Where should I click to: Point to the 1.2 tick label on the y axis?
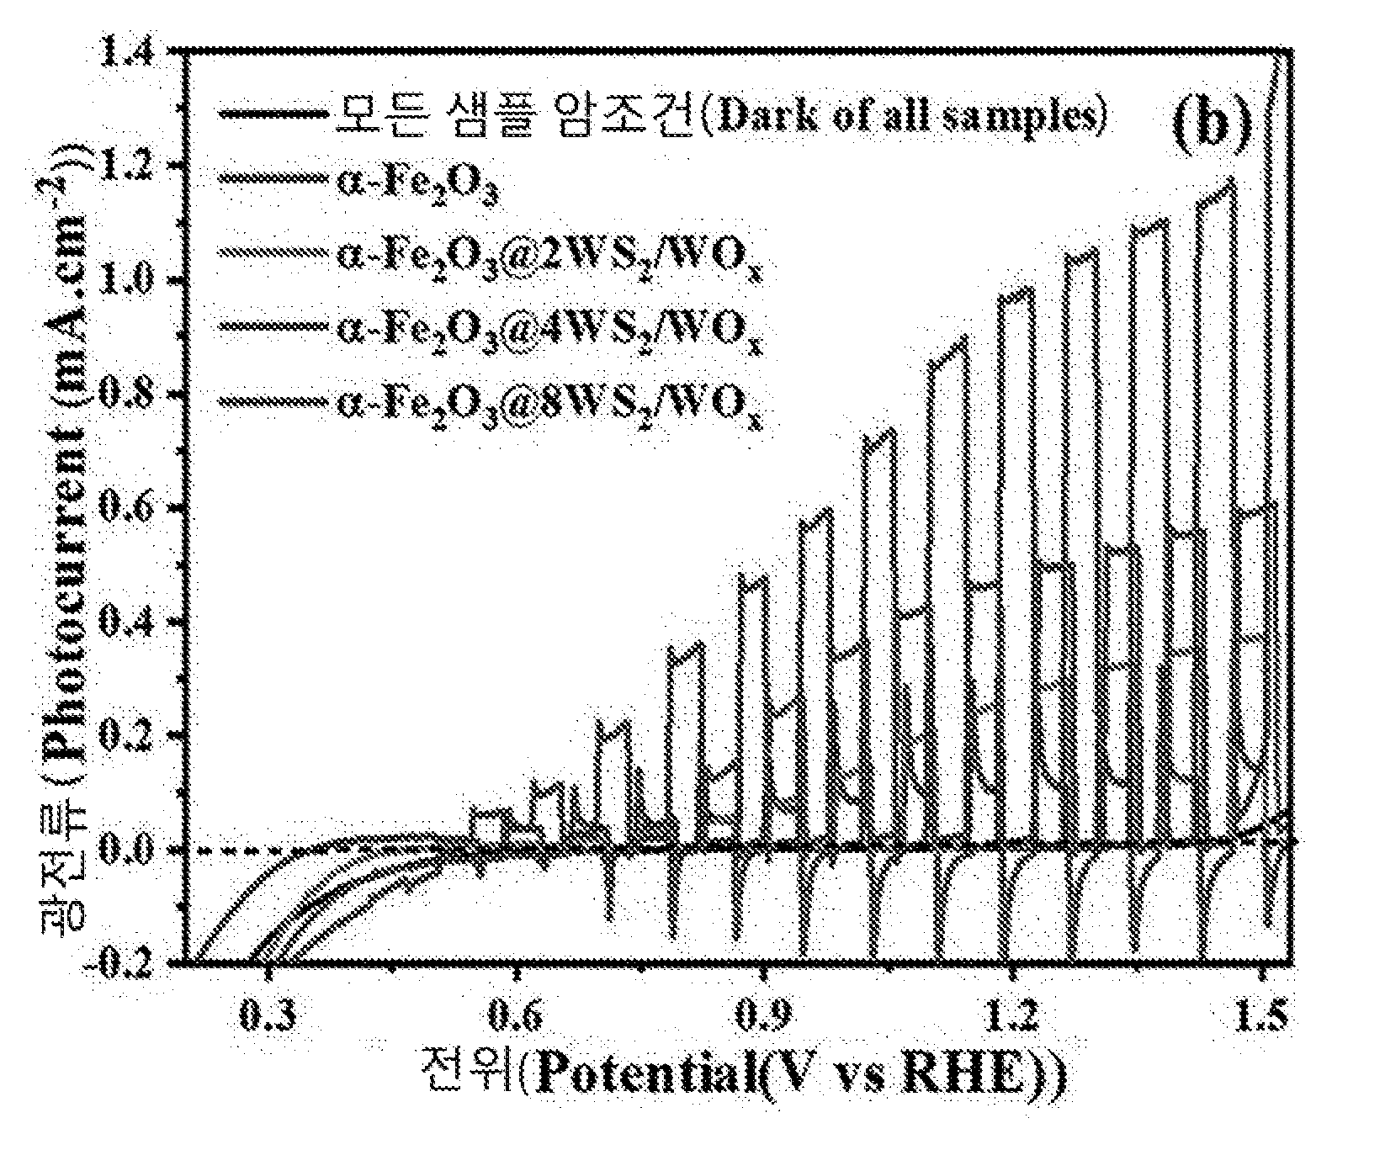pos(127,168)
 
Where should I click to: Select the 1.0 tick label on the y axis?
pos(127,282)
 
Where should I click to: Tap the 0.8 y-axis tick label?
pos(127,395)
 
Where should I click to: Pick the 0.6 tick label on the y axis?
pos(127,509)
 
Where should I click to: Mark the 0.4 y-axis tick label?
pos(127,623)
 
